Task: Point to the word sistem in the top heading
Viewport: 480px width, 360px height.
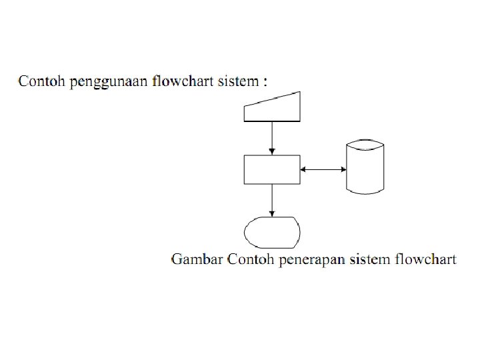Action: coord(239,82)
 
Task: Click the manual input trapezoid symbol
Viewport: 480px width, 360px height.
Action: coord(272,109)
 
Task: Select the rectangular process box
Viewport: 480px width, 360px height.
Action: coord(272,169)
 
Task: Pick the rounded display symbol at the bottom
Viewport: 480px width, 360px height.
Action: coord(272,233)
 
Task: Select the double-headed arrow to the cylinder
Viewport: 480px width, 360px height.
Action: coord(323,169)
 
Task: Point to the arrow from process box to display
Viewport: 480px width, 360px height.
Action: coord(272,199)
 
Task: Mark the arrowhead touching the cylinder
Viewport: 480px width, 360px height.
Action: coord(343,169)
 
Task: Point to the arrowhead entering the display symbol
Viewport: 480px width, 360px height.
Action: coord(272,213)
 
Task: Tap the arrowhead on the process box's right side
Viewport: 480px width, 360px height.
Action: coord(303,169)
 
